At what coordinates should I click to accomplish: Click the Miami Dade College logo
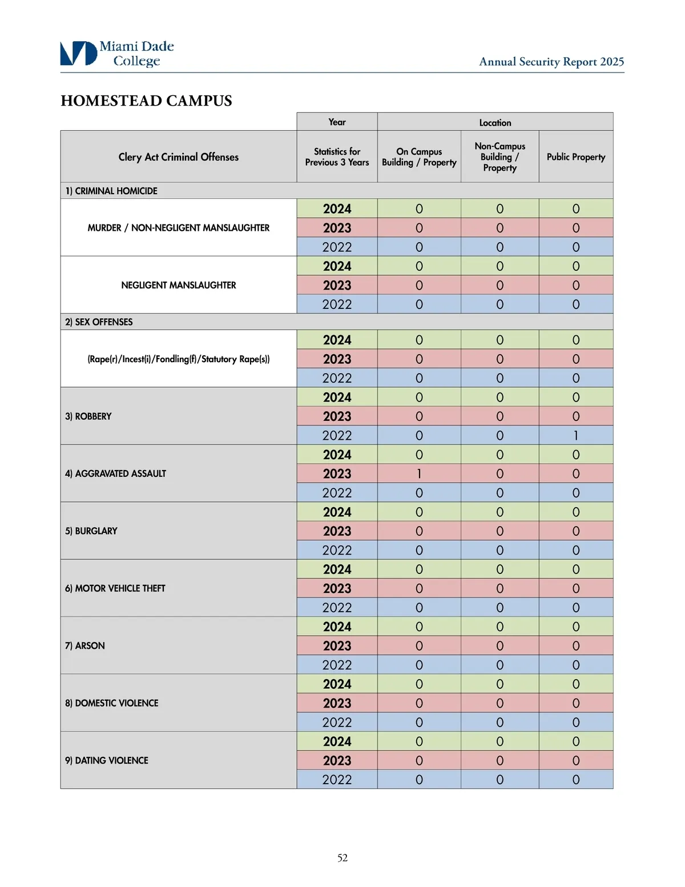pos(116,53)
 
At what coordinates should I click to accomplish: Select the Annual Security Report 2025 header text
pos(551,62)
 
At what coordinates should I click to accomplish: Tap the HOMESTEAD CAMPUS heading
pos(146,101)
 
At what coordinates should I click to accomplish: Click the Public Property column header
pos(575,156)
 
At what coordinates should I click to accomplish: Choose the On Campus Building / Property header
pos(419,156)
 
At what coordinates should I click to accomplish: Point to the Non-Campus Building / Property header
pos(499,156)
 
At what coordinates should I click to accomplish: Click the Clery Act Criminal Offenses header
pos(178,156)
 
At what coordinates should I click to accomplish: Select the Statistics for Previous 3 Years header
pos(337,156)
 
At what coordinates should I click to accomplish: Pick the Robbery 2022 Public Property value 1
pos(575,435)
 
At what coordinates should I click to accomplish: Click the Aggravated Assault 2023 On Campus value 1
pos(419,473)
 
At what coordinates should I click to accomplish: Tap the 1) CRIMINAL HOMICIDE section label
pos(111,191)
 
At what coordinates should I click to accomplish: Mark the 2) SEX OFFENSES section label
pos(99,322)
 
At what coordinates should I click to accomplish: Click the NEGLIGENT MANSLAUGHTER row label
pos(178,285)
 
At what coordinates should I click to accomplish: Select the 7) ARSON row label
pos(85,645)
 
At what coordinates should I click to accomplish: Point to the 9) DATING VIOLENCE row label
pos(107,760)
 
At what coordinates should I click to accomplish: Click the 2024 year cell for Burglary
pos(337,512)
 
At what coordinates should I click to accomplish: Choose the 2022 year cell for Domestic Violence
pos(337,722)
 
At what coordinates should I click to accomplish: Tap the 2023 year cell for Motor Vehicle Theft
pos(337,588)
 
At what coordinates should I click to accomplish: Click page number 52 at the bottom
pos(342,857)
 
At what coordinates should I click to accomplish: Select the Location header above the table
pos(495,122)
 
